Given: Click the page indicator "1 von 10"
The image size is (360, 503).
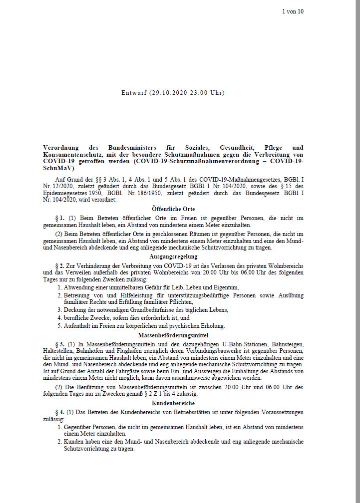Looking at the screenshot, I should [x=293, y=11].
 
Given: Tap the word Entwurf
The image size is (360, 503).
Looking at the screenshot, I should [x=134, y=93].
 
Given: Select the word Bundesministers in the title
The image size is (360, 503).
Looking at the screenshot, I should [x=131, y=148].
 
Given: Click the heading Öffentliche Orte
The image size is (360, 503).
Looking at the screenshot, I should [x=173, y=209].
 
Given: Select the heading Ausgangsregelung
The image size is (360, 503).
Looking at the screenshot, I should [x=173, y=256].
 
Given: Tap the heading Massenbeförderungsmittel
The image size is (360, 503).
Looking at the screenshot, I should [x=173, y=335].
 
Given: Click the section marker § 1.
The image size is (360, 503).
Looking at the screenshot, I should [x=59, y=218].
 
